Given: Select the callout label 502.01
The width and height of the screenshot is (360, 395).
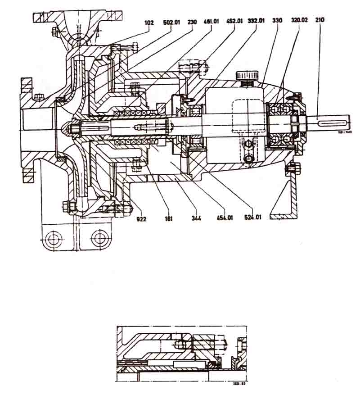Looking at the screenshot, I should (x=171, y=21).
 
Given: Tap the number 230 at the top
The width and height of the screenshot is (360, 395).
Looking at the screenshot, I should (x=193, y=21).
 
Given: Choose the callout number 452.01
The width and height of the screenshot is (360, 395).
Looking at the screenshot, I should (x=235, y=21).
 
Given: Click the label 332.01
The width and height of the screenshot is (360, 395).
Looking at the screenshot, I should (x=256, y=21).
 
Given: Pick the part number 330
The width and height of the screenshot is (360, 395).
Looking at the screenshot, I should (x=277, y=21).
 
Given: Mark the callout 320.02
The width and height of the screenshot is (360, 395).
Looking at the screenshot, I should (x=300, y=21).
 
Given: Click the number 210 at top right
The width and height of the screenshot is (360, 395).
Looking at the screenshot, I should (x=320, y=21).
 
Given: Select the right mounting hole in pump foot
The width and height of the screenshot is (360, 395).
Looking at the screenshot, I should (x=99, y=237).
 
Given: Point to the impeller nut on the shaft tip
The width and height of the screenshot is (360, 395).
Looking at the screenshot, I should (x=72, y=129).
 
